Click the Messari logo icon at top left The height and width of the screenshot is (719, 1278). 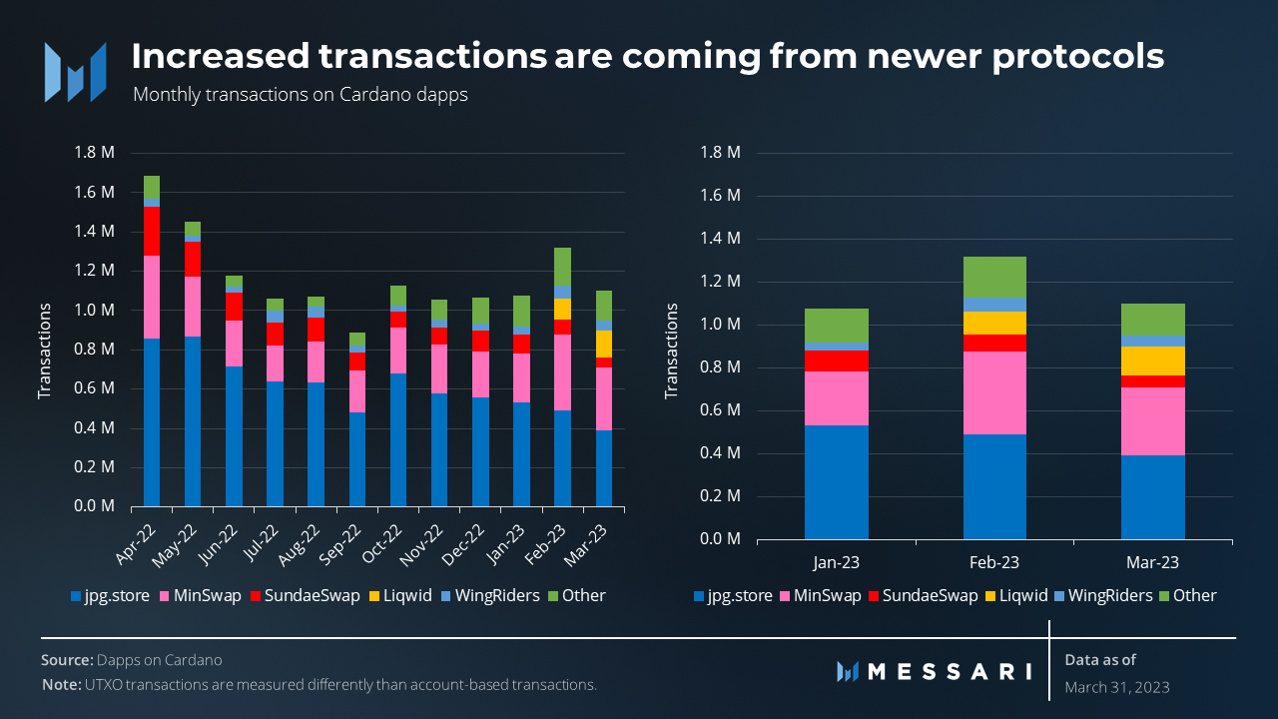(x=75, y=71)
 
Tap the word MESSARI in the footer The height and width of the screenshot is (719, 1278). (x=949, y=671)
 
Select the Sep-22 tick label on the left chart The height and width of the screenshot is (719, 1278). (x=352, y=538)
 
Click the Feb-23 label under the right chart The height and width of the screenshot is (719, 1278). (x=994, y=562)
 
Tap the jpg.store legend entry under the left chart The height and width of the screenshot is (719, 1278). (x=110, y=595)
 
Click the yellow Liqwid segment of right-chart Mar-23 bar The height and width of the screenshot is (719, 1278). (x=1153, y=360)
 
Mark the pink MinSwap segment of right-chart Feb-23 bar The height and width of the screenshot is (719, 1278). (x=994, y=392)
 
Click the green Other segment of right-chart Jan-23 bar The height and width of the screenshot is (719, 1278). (x=836, y=326)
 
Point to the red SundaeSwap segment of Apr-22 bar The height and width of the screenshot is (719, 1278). (x=152, y=232)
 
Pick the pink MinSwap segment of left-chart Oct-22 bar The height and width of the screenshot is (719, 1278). (x=397, y=351)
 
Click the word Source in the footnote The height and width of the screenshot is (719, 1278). (x=66, y=660)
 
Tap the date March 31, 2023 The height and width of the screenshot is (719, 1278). (x=1116, y=687)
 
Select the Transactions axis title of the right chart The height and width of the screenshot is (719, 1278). (x=671, y=350)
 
